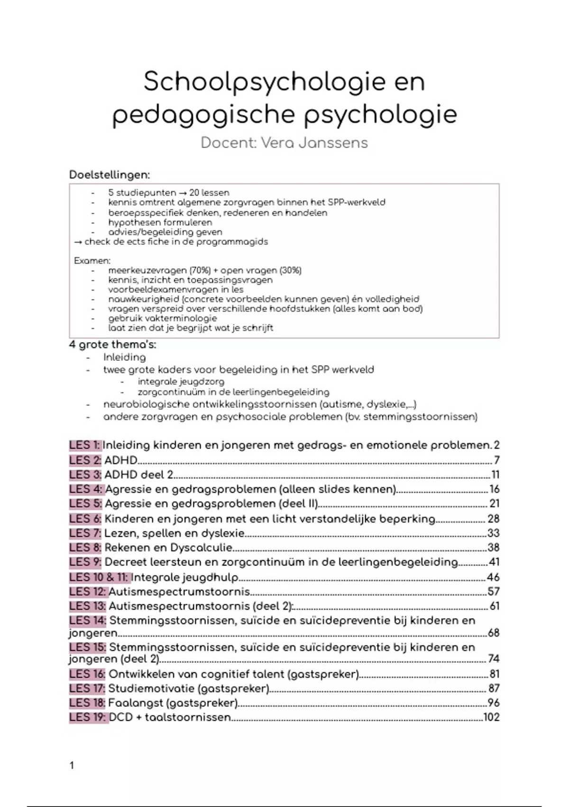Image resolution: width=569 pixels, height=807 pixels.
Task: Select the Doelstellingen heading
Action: point(110,175)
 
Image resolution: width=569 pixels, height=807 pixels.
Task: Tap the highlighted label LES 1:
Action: point(85,445)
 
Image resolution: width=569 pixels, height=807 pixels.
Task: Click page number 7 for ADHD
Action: point(496,460)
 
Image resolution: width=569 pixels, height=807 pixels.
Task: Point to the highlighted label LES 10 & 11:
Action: point(99,577)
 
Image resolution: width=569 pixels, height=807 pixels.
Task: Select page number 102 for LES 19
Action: point(491,717)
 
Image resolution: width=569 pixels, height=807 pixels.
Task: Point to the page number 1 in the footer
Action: point(72,765)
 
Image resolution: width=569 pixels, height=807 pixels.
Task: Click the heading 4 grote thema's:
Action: point(112,345)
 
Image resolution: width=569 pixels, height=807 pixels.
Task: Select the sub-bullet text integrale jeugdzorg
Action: point(181,382)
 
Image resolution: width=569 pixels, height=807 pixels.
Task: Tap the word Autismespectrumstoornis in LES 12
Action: point(179,592)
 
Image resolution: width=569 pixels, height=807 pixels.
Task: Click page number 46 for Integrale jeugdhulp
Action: point(493,577)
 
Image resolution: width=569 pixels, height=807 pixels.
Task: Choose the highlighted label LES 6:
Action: point(85,519)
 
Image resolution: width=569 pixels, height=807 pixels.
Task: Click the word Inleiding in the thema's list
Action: point(124,357)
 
